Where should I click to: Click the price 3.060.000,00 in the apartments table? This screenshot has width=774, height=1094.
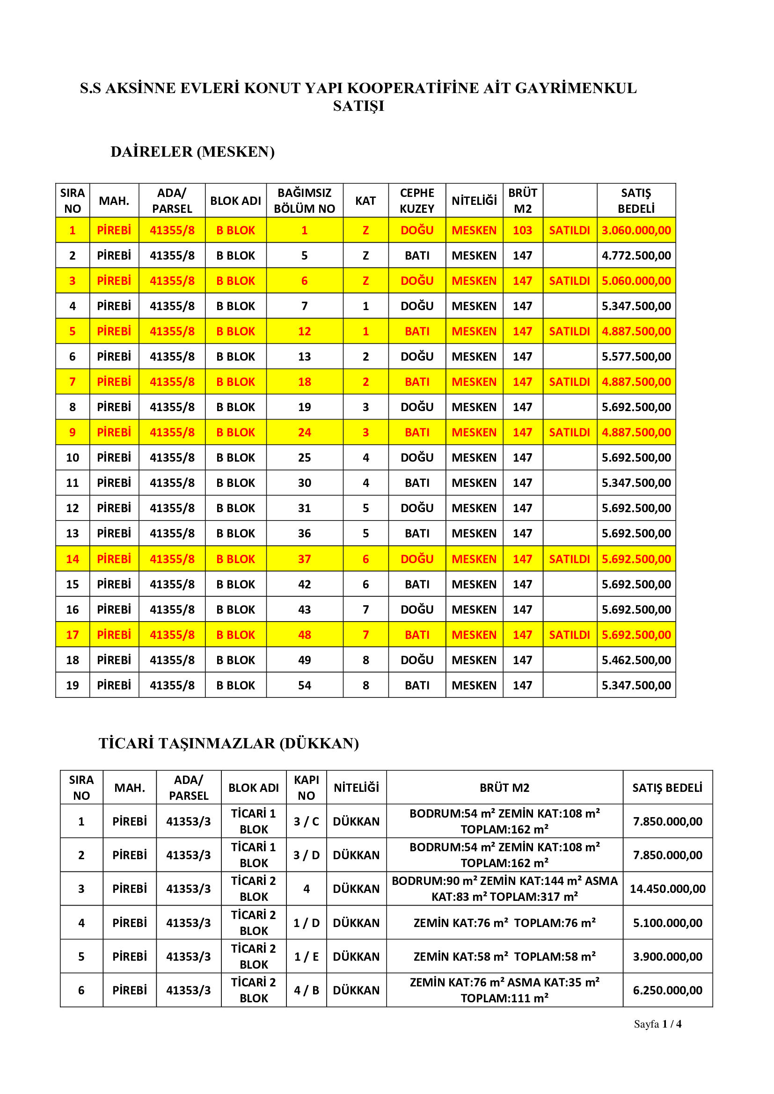pos(636,230)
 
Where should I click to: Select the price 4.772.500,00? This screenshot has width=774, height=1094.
pos(636,255)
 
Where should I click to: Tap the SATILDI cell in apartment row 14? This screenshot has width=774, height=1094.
pos(569,559)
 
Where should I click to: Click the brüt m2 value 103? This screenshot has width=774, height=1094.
pos(522,230)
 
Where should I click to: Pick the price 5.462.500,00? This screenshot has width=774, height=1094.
pos(636,660)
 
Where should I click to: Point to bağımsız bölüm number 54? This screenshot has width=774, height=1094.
pos(304,685)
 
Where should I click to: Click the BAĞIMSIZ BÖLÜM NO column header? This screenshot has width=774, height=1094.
pos(304,201)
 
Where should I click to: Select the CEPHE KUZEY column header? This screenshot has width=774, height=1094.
pos(416,201)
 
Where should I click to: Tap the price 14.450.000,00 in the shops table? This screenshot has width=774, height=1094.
pos(667,889)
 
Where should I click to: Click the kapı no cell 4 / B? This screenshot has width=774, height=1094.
pos(306,990)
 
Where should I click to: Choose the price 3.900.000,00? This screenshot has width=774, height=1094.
pos(667,956)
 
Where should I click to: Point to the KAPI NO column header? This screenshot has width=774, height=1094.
pos(306,788)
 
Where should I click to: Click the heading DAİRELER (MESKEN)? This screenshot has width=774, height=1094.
pos(192,152)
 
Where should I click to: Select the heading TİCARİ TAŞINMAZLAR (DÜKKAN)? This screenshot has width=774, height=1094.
pos(229,743)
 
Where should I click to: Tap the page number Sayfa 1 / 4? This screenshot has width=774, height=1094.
pos(657,1024)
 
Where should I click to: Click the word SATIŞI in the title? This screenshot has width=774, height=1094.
pos(358,106)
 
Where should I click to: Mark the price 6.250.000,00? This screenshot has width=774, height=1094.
pos(667,990)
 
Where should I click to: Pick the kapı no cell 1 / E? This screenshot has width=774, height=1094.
pos(306,956)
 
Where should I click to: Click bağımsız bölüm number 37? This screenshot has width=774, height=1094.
pos(304,559)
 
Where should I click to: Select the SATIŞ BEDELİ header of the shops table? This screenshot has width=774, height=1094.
pos(667,788)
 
